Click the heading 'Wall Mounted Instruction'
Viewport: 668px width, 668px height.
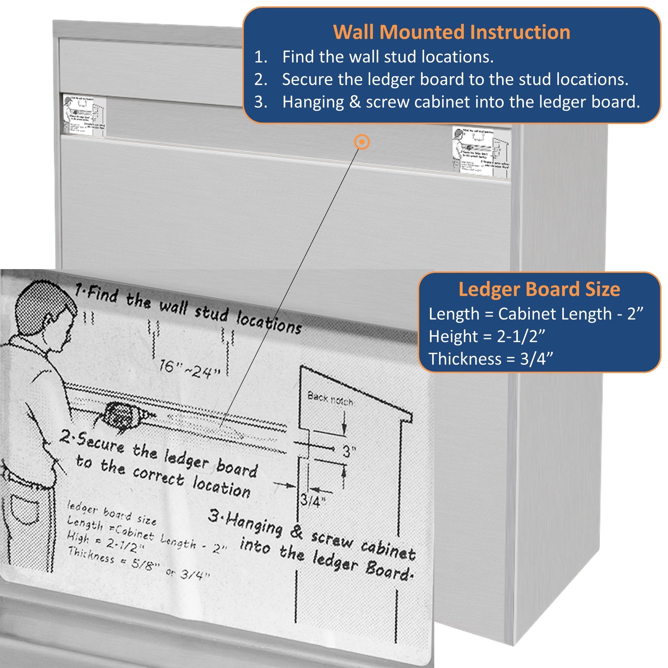click(451, 32)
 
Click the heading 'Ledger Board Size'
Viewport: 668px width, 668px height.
click(539, 289)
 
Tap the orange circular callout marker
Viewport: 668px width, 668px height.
click(362, 142)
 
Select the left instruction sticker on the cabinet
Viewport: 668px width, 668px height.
click(84, 116)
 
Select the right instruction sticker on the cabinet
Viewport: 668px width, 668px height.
click(481, 151)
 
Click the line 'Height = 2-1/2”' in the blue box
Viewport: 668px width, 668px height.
click(487, 336)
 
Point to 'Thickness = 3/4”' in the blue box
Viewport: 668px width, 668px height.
click(490, 359)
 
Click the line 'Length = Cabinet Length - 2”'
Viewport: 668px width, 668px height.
click(536, 314)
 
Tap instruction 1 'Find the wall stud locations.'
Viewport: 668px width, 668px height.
click(387, 57)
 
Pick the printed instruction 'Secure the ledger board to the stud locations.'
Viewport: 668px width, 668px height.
click(455, 80)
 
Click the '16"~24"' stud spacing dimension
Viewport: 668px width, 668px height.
click(190, 369)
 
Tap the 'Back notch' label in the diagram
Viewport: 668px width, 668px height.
click(330, 398)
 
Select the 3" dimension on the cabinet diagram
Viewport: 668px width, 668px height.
click(349, 451)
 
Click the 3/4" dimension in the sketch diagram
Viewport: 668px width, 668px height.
click(313, 501)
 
